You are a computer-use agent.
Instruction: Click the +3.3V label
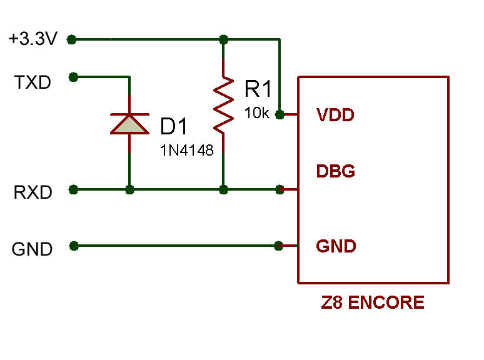(33, 39)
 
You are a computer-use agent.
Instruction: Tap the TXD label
(33, 82)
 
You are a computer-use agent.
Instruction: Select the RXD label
(33, 192)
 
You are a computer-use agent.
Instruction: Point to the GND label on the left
(32, 249)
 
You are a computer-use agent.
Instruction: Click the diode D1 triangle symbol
(129, 124)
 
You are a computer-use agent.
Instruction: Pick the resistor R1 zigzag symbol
(223, 105)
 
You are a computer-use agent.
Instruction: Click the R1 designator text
(258, 89)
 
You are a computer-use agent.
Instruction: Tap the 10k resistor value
(257, 113)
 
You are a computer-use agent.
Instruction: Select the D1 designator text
(174, 126)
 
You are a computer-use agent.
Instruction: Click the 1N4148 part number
(187, 150)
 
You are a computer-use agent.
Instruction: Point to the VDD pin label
(336, 115)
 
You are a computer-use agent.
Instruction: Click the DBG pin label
(336, 171)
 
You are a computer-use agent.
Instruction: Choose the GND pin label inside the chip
(336, 246)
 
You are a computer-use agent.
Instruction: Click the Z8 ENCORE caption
(373, 302)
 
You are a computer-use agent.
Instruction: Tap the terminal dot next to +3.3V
(71, 39)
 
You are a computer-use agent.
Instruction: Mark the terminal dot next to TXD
(73, 77)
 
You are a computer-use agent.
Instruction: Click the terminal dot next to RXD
(73, 189)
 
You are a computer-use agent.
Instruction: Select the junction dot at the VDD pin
(280, 115)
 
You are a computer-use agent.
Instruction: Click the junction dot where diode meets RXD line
(129, 189)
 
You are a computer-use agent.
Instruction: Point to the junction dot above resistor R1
(223, 39)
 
